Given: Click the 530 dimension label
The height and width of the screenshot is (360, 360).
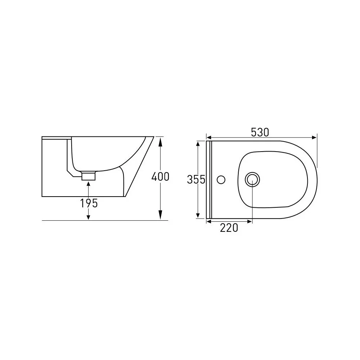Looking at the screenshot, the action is pos(260,132).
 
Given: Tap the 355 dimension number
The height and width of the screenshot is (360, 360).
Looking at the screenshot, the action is pos(196,180).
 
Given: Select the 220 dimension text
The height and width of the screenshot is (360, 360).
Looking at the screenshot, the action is pos(229,228).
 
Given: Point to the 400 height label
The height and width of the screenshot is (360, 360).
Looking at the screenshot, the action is pos(160,176).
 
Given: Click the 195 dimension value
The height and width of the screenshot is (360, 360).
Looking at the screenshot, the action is pos(89,203).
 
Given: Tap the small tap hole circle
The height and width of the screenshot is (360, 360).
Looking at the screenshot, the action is pos(221,180).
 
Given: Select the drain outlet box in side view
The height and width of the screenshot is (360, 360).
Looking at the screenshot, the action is pos(89,176).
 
